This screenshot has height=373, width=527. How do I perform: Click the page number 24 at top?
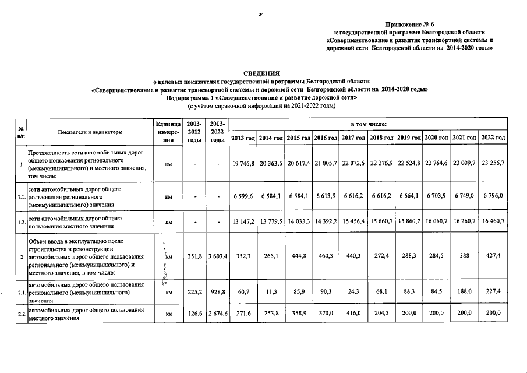pos(261,14)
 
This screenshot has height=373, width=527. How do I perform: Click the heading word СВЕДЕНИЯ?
pos(261,73)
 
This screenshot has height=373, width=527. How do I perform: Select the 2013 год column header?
pos(243,137)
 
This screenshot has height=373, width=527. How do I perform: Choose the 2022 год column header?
pos(493,137)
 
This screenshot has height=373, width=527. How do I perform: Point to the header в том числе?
pos(367,124)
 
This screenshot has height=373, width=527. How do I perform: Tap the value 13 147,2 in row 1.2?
pos(243,222)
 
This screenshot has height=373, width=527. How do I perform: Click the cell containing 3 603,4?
pos(217,256)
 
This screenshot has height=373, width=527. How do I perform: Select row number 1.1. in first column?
pos(20,197)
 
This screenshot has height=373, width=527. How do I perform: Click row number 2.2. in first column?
pos(20,315)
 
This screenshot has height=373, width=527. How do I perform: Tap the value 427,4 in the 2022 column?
pos(493,256)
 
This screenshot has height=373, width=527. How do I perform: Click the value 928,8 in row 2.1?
pos(217,294)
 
